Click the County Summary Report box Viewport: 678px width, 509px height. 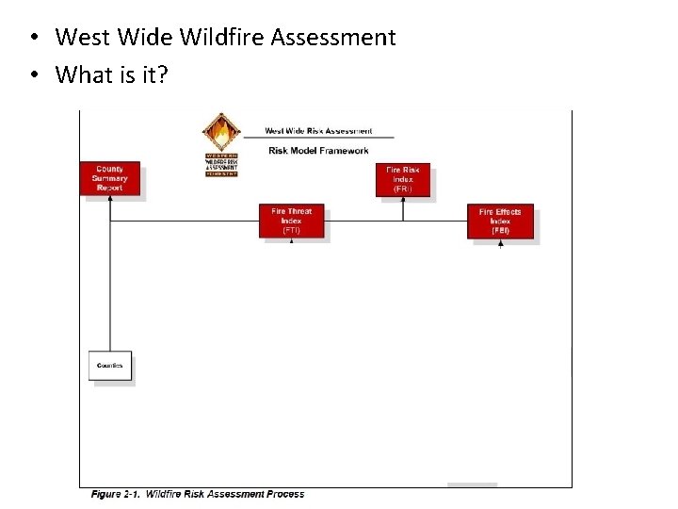(109, 178)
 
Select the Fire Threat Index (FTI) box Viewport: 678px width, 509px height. (291, 222)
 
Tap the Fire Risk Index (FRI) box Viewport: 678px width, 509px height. (403, 179)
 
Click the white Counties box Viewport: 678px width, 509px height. (110, 366)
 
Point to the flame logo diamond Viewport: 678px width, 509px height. (221, 133)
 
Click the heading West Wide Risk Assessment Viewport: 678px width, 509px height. (318, 131)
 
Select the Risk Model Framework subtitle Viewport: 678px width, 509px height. (318, 150)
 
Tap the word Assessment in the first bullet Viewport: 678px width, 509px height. (333, 38)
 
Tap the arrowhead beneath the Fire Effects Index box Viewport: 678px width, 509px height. (500, 243)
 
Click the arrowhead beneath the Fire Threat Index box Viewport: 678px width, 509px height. (291, 241)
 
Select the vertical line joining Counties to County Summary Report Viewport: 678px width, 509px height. (110, 283)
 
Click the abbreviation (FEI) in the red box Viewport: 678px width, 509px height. (500, 231)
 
